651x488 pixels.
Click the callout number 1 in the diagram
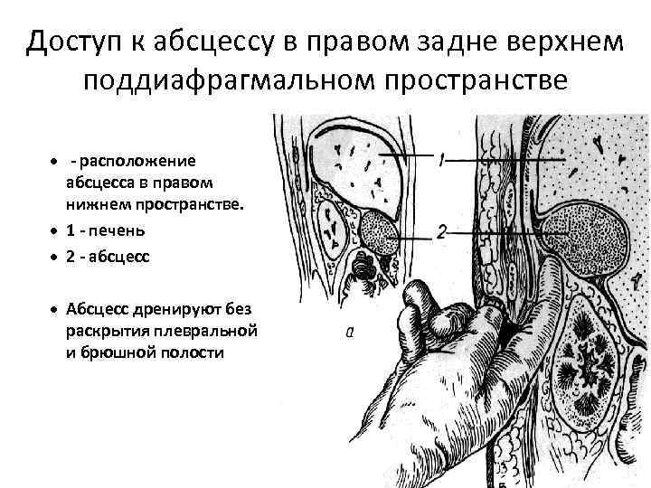click(x=440, y=161)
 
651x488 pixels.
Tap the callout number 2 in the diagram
click(x=440, y=232)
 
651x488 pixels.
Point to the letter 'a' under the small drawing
click(x=350, y=333)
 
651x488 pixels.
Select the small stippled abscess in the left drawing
click(x=379, y=230)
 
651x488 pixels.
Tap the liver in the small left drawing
click(x=353, y=163)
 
